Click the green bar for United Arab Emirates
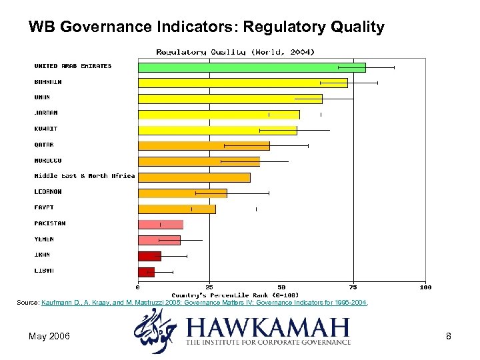point(251,67)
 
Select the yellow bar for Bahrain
point(243,83)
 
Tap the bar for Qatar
point(203,145)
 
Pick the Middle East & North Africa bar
point(194,177)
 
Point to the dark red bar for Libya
point(146,272)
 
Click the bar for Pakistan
point(160,225)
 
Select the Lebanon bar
point(182,193)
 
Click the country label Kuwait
point(46,129)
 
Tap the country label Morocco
point(48,161)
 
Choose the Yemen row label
point(44,239)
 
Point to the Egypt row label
point(44,208)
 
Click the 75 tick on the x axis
point(353,287)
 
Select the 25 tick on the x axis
point(209,287)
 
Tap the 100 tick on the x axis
point(425,287)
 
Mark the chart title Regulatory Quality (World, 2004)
point(235,51)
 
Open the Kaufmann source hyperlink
point(204,303)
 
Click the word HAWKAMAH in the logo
point(267,328)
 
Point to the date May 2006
point(49,336)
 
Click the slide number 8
point(449,336)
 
